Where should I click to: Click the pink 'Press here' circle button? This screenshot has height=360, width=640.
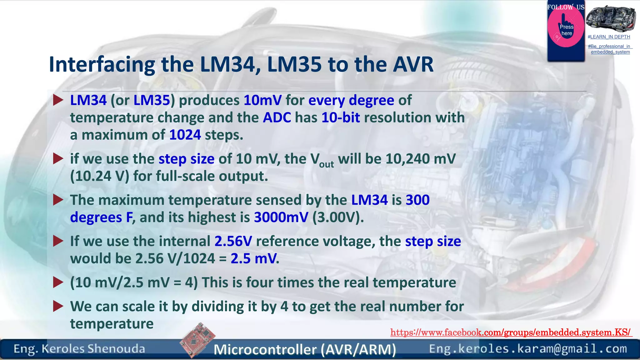tap(566, 28)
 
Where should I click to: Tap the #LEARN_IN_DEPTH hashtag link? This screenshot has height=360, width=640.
tap(609, 37)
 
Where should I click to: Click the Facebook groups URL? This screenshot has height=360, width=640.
tap(511, 332)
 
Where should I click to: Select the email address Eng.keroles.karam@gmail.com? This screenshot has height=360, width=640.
tap(528, 349)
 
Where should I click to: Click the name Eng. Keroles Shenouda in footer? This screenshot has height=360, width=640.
tap(79, 349)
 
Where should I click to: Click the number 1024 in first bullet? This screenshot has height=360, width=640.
tap(185, 135)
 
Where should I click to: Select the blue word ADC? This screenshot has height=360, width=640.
tap(277, 118)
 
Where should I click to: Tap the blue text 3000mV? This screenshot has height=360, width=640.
tap(281, 217)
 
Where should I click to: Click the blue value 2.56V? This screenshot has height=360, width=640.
tap(233, 241)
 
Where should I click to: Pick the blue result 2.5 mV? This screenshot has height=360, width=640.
tap(254, 259)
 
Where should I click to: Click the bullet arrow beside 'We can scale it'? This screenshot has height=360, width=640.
tap(58, 306)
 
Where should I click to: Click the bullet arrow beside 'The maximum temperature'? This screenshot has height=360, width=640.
tap(58, 200)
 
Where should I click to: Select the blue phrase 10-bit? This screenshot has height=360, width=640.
tap(341, 118)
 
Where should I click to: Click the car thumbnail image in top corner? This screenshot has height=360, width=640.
tap(610, 18)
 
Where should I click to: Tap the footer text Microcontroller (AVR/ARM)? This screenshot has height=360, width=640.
tap(305, 349)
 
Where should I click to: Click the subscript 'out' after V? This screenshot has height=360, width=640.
tap(327, 164)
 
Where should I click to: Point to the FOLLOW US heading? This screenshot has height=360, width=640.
tap(566, 7)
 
